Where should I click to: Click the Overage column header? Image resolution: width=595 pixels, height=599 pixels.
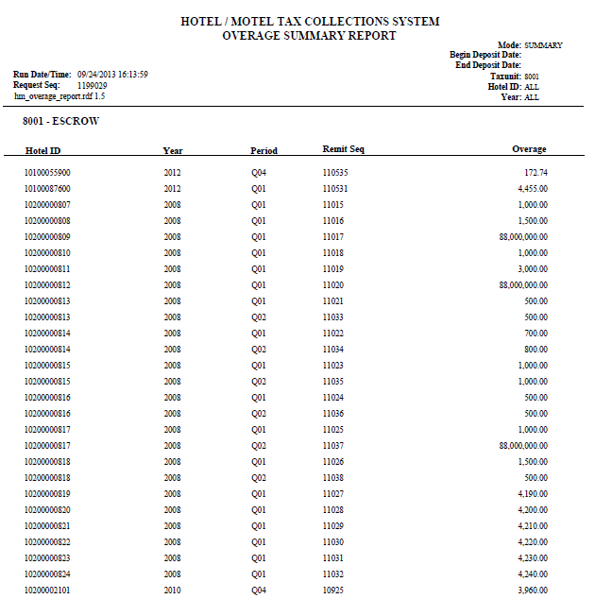(529, 149)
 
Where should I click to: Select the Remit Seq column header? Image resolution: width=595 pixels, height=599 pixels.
(343, 149)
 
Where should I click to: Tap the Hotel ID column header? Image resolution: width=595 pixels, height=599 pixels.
(42, 150)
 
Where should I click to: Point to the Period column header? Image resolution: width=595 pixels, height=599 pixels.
(263, 150)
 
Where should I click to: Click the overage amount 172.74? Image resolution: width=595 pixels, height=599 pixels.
(535, 173)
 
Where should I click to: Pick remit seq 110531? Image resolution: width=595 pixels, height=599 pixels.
(335, 189)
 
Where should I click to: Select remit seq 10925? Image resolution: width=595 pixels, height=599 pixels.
(332, 590)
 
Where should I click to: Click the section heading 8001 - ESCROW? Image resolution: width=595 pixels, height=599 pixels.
(60, 122)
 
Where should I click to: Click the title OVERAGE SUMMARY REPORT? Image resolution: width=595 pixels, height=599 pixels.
(309, 36)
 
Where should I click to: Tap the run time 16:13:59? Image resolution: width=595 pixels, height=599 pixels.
(132, 74)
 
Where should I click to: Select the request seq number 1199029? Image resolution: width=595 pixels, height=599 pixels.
(91, 85)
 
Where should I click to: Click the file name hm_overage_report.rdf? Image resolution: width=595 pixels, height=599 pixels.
(53, 96)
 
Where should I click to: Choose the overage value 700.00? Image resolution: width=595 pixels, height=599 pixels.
(535, 334)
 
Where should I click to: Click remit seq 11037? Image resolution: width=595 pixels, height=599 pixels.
(332, 446)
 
